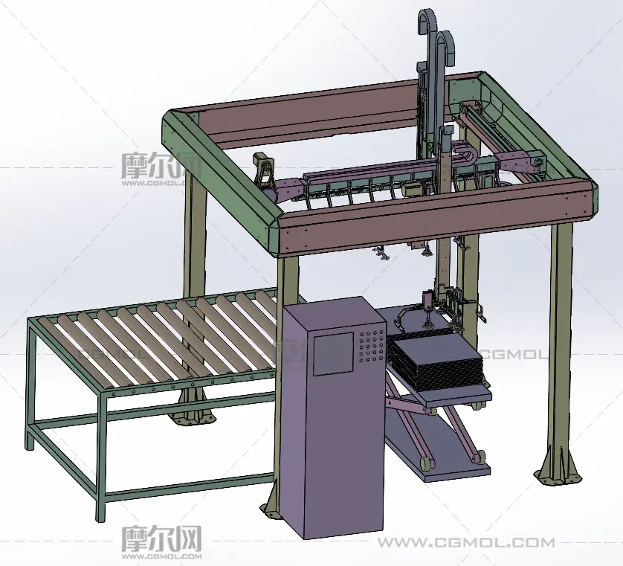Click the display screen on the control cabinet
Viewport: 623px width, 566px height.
tap(333, 354)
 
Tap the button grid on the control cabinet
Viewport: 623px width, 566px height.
tap(372, 345)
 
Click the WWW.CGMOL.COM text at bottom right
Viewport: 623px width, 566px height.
tap(465, 542)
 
